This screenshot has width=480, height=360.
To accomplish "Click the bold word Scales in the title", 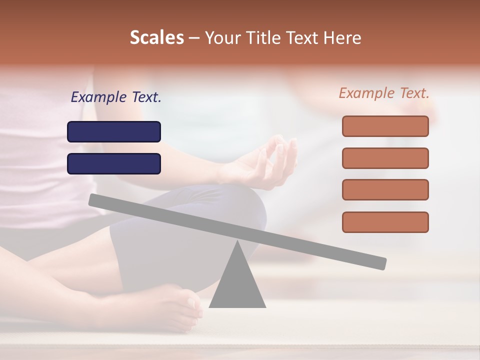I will point(156,38).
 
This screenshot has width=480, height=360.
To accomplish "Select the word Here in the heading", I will point(342,38).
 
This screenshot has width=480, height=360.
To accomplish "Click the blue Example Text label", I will point(116,97).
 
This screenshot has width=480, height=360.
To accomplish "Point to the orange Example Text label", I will point(384,93).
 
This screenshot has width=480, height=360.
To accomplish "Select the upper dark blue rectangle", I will point(114,131).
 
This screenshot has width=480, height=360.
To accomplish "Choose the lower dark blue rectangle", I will point(114,163).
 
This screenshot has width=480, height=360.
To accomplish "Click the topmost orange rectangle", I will point(385,126).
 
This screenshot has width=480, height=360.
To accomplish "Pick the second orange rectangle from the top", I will point(385,158).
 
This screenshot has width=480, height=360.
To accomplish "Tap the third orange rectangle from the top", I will point(385,189).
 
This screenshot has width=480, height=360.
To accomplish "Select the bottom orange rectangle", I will point(385,222).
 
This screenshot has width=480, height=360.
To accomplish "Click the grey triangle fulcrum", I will point(237,285).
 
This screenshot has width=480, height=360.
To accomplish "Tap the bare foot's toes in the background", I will point(192,305).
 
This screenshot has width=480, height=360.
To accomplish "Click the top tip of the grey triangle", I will point(237,242).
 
